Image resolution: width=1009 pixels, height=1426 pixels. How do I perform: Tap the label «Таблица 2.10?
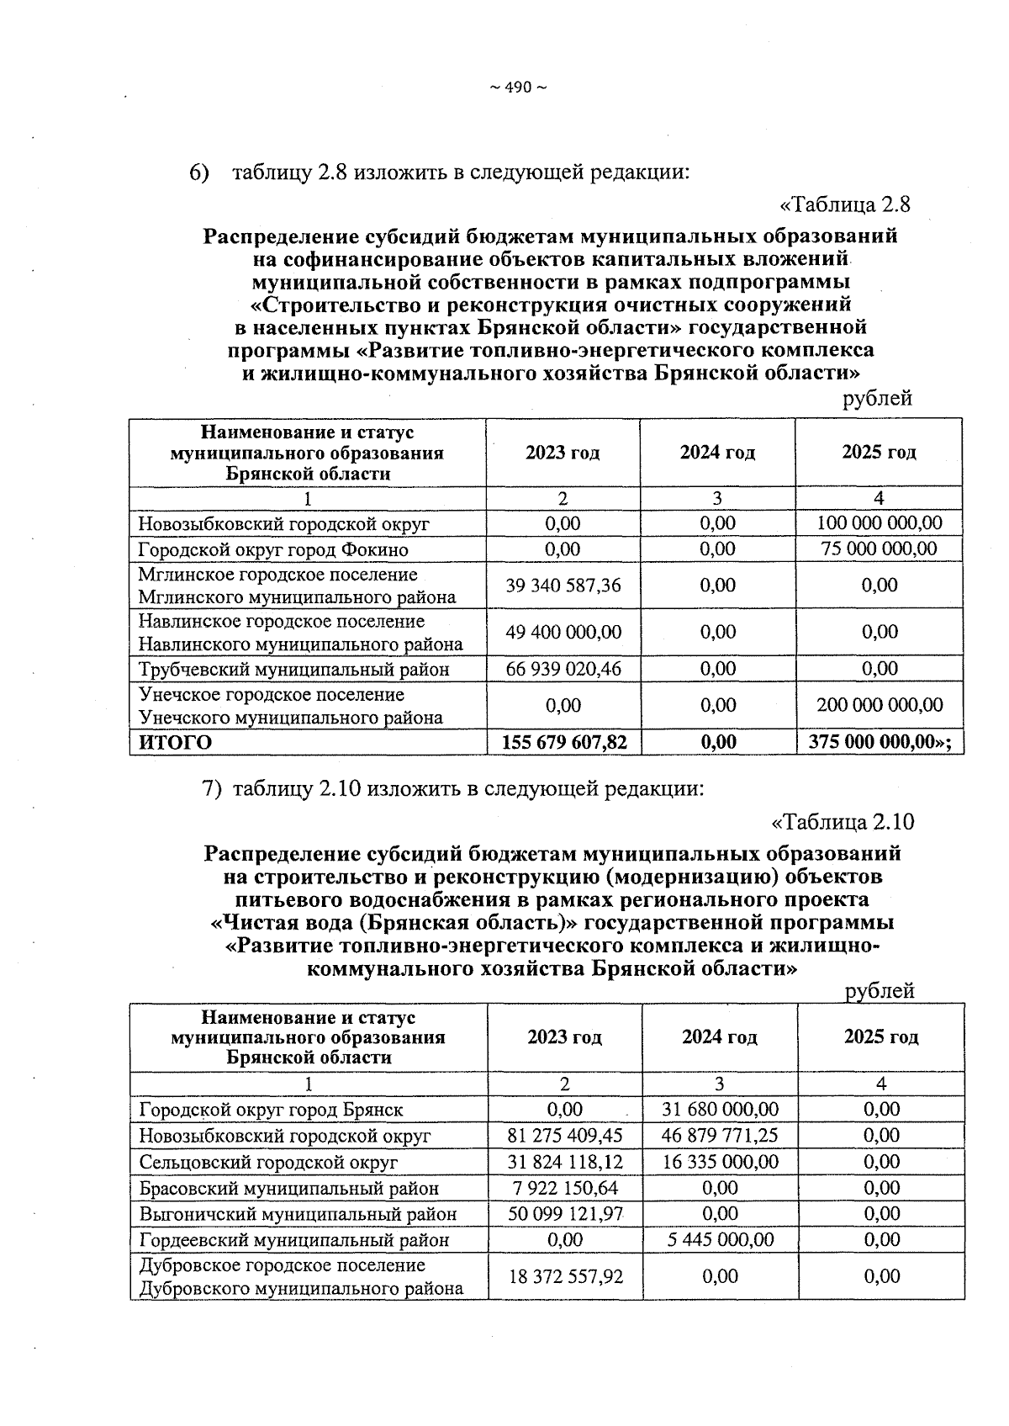(843, 822)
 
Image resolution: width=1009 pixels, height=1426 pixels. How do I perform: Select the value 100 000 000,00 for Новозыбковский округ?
(880, 522)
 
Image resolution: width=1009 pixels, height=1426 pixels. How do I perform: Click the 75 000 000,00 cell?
(880, 549)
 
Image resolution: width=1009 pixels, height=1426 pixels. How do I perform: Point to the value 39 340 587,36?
(563, 585)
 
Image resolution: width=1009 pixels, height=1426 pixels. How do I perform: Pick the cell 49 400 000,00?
(563, 632)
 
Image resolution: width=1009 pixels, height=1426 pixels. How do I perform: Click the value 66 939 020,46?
(563, 669)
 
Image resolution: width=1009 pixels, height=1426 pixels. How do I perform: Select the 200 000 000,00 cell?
(880, 705)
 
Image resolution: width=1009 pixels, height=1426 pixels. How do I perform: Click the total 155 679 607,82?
(564, 742)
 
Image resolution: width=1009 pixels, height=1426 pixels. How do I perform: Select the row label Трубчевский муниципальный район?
(293, 670)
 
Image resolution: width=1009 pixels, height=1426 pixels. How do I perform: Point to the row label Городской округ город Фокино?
(273, 549)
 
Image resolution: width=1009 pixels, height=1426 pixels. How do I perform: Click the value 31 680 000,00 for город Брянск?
(720, 1109)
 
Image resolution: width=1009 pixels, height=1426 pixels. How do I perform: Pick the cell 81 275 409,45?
(565, 1135)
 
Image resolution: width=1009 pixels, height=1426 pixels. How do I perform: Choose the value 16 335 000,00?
(720, 1161)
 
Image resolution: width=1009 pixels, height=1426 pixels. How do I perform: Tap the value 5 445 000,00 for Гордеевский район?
(720, 1239)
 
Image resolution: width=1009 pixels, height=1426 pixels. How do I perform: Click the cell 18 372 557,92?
(565, 1276)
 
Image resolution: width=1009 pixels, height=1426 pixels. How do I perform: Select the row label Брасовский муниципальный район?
(289, 1188)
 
